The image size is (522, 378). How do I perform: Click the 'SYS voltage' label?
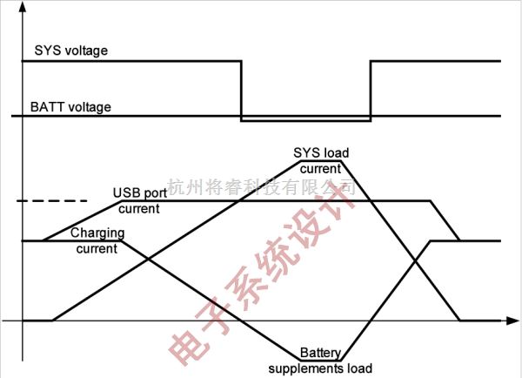pos(70,51)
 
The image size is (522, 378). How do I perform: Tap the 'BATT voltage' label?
pos(70,107)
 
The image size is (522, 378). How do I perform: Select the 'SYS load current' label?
pos(321,160)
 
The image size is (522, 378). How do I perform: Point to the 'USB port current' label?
pos(139,200)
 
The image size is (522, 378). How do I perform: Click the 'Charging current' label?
pos(97,240)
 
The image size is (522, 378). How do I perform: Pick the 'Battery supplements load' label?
pos(320,361)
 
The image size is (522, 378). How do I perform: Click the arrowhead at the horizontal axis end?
pos(509,321)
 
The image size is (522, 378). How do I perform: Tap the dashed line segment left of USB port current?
pos(43,201)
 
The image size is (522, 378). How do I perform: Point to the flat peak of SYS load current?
pos(321,160)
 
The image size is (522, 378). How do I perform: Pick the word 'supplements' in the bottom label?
pos(305,368)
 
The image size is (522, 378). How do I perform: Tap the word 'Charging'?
pos(97,233)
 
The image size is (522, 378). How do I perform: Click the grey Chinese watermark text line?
pos(261,186)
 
